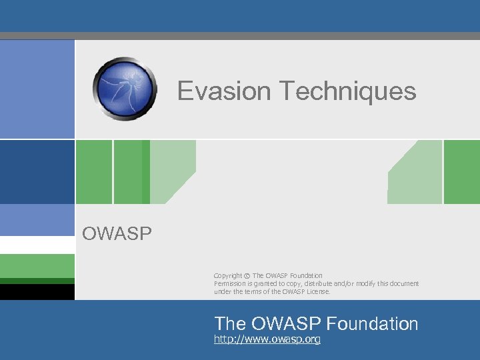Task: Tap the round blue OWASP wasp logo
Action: (125, 88)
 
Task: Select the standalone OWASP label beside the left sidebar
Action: (117, 233)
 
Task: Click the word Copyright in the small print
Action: (228, 275)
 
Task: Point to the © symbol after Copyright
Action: (247, 275)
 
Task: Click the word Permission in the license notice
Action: (230, 283)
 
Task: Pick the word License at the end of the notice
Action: (317, 291)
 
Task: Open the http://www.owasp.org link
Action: (267, 340)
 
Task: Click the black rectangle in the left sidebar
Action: (37, 292)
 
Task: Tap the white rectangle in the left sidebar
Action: (37, 245)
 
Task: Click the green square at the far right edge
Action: (461, 171)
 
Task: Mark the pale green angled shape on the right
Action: (417, 175)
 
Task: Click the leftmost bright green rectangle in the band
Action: (93, 171)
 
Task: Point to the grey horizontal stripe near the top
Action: (240, 36)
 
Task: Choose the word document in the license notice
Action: (401, 283)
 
